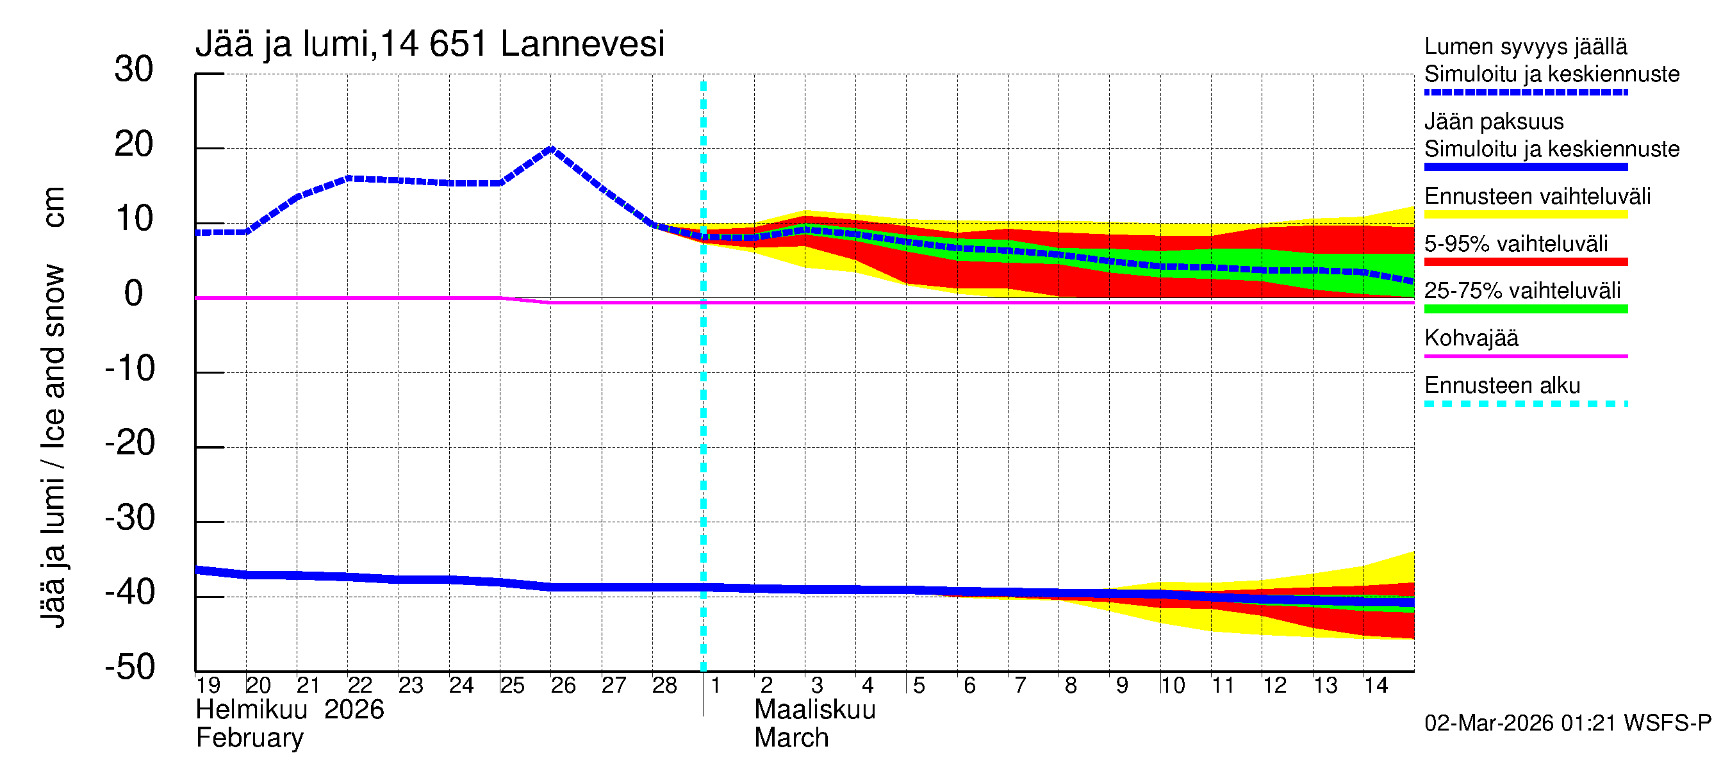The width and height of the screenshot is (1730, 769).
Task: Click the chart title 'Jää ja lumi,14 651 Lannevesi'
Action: pos(430,44)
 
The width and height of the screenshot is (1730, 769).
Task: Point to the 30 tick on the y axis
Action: pos(134,69)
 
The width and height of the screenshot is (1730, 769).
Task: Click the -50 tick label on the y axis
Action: pos(129,667)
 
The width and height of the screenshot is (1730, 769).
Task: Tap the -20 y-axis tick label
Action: pos(129,443)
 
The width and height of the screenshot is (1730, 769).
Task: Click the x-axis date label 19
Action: pos(208,685)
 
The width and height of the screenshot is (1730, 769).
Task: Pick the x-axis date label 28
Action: pos(664,685)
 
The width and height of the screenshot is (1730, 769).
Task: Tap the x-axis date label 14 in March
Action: pos(1376,685)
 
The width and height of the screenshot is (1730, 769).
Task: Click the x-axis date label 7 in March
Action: pos(1020,685)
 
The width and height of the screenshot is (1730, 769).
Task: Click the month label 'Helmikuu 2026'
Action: pos(290,710)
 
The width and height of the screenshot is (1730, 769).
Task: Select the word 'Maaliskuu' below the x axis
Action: pos(814,710)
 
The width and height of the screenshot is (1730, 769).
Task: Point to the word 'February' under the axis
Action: pos(249,738)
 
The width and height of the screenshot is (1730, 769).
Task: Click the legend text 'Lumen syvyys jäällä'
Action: pos(1526,46)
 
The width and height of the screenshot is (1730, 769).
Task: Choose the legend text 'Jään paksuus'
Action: pos(1494,122)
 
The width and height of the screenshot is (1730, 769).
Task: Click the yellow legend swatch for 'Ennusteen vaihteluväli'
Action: pos(1526,214)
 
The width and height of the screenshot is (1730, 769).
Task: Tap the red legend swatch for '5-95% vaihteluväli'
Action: pos(1526,261)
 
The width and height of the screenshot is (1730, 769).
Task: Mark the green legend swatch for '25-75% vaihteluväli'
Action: pos(1526,309)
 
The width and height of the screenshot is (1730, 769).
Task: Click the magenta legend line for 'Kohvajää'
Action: pos(1526,356)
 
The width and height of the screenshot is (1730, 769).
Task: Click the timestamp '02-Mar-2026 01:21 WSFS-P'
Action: pos(1567,724)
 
